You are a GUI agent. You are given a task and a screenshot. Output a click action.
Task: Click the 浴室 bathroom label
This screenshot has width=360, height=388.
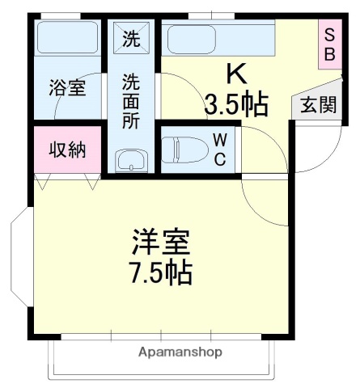point(67,88)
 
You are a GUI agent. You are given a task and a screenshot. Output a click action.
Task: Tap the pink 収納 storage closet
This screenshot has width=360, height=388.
point(67,150)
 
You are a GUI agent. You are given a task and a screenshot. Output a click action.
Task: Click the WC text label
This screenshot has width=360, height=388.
point(219,149)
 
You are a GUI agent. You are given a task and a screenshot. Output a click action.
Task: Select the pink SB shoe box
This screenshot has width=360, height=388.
point(329,45)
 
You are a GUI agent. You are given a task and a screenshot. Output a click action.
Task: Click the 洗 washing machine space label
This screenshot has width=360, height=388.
point(130,37)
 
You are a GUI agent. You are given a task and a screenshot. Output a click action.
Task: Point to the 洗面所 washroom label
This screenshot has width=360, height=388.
point(130,100)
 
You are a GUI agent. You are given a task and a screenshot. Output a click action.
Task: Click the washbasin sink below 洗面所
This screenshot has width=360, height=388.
point(130,161)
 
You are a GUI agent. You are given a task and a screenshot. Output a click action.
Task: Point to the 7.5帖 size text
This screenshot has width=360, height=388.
point(162,273)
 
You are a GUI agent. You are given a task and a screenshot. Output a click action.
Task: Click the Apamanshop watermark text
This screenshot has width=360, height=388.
point(180,352)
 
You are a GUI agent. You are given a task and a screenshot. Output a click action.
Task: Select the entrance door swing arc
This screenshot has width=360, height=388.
point(328,150)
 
